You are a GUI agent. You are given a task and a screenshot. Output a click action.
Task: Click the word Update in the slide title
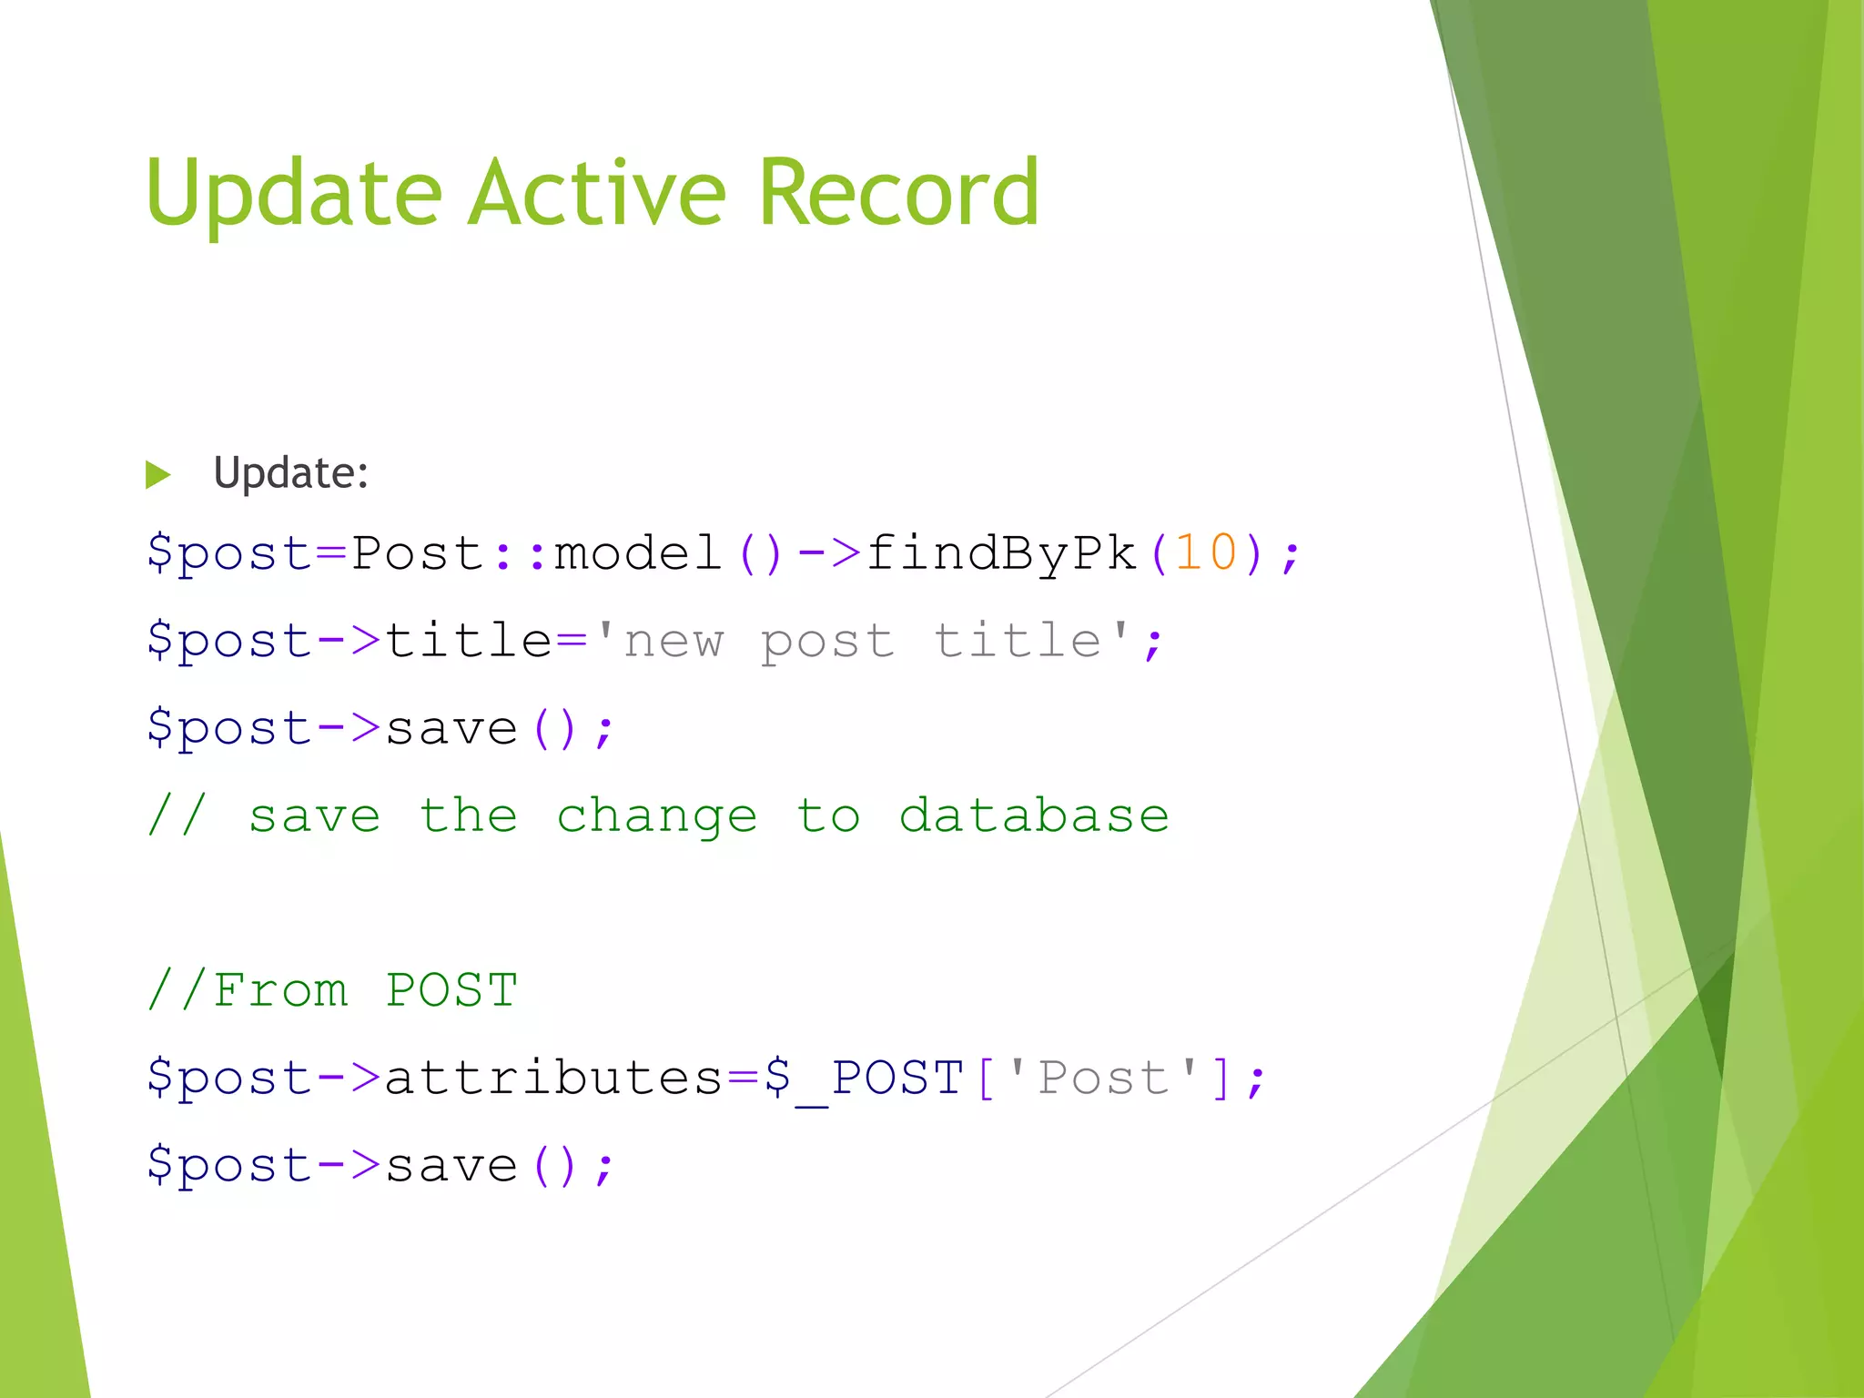[293, 193]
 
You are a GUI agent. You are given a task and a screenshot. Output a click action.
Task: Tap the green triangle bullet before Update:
[158, 474]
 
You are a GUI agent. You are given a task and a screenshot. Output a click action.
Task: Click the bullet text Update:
[290, 473]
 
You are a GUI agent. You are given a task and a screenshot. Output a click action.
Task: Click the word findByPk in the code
[1002, 552]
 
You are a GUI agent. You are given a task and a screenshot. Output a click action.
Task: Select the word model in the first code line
[637, 552]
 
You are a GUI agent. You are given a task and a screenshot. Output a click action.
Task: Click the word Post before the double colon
[416, 552]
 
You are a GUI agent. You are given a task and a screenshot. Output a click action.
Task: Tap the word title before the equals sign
[468, 640]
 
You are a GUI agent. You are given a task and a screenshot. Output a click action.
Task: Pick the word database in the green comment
[1034, 815]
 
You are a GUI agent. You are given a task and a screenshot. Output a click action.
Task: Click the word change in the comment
[656, 816]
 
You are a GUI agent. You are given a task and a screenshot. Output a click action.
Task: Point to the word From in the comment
[280, 989]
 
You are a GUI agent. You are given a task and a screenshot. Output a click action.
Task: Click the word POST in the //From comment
[451, 989]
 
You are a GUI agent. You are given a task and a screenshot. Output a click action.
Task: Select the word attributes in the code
[553, 1078]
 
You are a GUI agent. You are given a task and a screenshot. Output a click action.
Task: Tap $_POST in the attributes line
[864, 1078]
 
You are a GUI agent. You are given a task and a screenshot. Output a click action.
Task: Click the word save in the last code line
[451, 1165]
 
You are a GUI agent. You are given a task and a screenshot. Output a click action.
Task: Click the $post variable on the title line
[229, 640]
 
